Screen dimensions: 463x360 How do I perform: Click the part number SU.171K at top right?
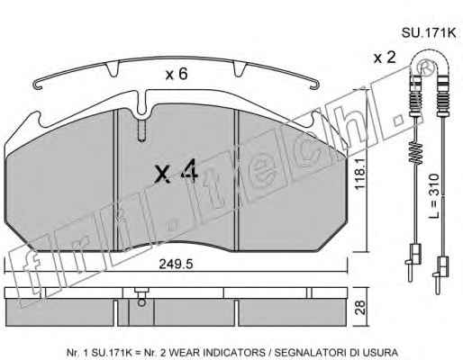pos(429,32)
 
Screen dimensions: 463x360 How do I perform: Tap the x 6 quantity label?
pos(177,74)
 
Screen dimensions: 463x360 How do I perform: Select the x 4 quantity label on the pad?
pos(176,171)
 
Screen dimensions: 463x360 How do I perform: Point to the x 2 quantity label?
pos(385,57)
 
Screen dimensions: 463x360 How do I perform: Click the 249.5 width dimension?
pos(176,264)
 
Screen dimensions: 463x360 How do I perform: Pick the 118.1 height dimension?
pos(359,174)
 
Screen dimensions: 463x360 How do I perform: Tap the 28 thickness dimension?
pos(360,307)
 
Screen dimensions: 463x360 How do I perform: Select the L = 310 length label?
pos(433,195)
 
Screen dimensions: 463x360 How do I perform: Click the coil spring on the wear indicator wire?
pos(416,153)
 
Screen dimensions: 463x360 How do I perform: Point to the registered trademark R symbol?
pos(426,67)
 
